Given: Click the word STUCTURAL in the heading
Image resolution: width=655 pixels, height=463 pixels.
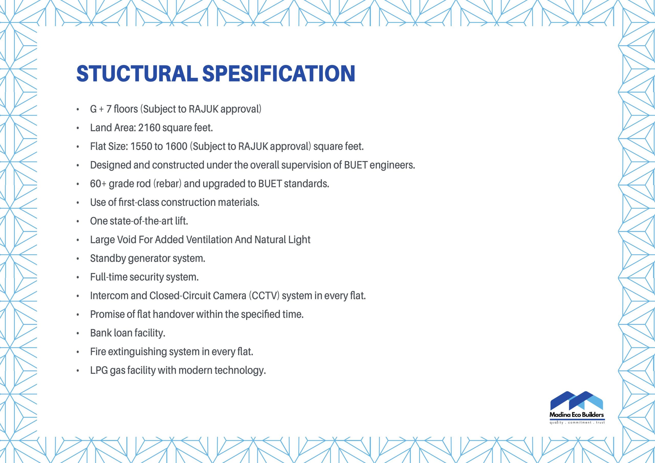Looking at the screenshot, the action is (x=137, y=74).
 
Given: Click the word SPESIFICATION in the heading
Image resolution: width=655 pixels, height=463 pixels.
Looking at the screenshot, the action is (x=279, y=74).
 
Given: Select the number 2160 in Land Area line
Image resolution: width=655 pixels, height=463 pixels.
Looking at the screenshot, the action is (x=149, y=128).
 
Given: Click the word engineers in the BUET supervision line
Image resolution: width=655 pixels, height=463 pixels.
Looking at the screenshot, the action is (x=392, y=165).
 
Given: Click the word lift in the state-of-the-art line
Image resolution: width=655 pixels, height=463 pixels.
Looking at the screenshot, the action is (x=181, y=221).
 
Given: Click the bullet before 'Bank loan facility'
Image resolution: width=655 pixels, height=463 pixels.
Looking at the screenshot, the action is (x=78, y=334).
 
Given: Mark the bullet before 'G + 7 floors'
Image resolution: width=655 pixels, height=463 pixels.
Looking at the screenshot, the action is (x=78, y=109).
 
